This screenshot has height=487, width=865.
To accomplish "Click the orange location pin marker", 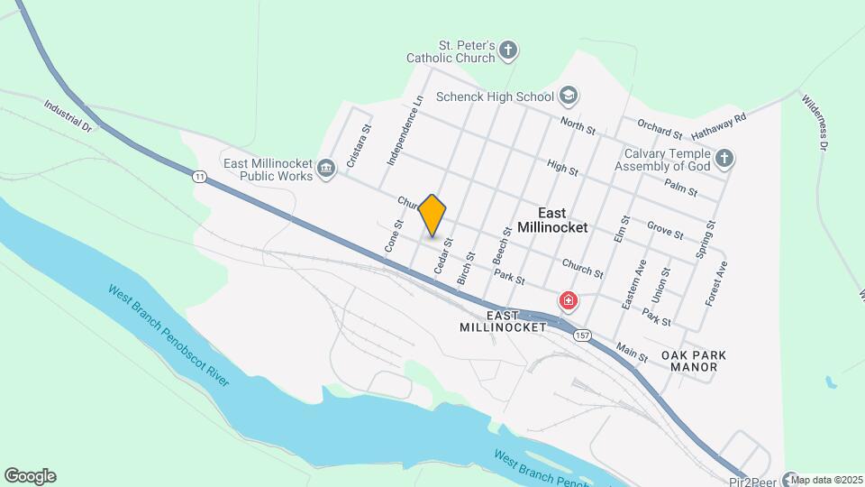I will (x=432, y=216).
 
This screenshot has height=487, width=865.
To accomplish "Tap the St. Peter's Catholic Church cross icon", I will (x=509, y=50).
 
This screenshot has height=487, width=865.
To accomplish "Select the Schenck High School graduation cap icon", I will (x=569, y=95).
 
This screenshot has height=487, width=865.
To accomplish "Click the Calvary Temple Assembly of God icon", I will (x=724, y=160).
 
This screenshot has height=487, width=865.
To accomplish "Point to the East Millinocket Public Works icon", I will (x=326, y=167).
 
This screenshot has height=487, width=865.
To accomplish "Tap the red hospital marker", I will (x=569, y=300).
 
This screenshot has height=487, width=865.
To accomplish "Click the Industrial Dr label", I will (x=68, y=116).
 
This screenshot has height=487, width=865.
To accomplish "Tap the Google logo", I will (x=30, y=476).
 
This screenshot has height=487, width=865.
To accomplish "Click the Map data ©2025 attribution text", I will (x=827, y=480).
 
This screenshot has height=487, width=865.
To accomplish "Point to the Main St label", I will (x=632, y=352).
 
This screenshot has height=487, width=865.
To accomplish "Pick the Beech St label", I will (x=501, y=245).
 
